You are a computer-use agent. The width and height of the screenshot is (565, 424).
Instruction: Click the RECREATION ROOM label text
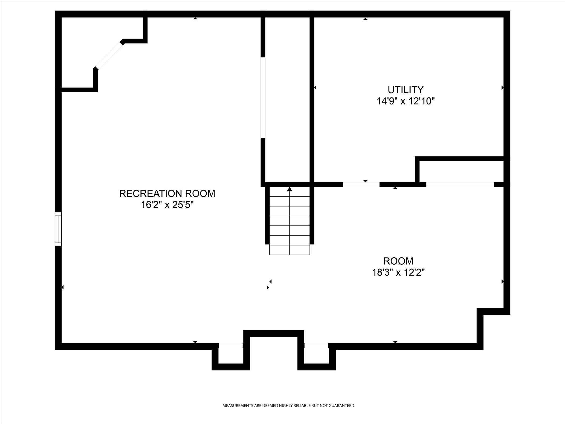167,194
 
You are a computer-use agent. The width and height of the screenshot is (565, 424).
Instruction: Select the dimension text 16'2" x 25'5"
167,205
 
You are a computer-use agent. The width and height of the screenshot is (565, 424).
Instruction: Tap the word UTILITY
405,90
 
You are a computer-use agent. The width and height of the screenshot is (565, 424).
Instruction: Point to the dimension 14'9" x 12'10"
405,101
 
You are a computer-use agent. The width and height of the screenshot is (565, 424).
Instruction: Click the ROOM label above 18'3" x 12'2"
398,261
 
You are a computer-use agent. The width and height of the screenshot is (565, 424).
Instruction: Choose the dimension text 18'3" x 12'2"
398,273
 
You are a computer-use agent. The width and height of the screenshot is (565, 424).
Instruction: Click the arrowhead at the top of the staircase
289,189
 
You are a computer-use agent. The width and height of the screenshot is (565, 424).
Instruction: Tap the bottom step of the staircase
289,250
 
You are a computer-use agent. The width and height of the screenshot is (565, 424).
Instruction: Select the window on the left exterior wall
58,229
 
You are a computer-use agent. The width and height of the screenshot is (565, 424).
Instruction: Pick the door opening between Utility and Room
361,184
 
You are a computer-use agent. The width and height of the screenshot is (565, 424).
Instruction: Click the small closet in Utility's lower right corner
461,171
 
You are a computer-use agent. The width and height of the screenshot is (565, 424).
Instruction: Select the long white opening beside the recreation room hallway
263,97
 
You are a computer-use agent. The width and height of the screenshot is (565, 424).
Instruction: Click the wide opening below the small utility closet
460,184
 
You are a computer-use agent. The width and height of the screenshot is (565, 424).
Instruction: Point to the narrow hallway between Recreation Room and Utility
287,100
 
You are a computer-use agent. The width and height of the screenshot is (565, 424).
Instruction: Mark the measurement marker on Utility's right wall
502,88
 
